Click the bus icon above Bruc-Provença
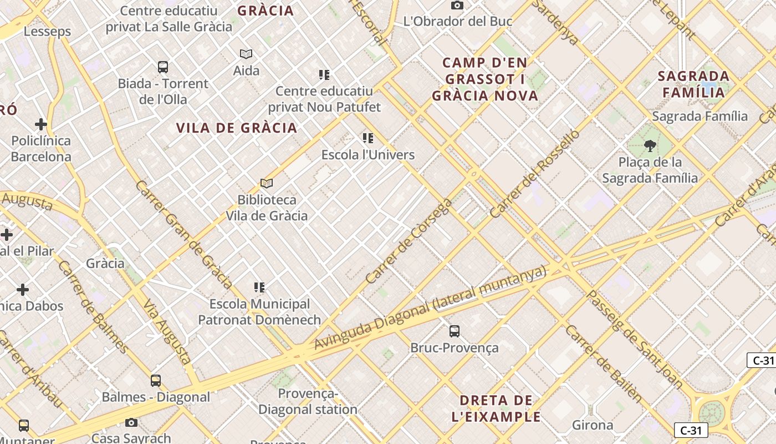(455, 331)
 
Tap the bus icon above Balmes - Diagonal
(156, 381)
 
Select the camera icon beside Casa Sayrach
(131, 422)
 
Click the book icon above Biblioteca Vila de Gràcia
(267, 183)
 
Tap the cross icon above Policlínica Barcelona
(41, 124)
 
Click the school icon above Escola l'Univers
(368, 138)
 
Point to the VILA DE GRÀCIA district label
(237, 128)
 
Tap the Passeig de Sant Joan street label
(635, 339)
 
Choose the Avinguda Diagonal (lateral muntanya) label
(430, 308)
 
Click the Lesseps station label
(47, 32)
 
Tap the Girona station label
(593, 426)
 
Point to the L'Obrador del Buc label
(457, 22)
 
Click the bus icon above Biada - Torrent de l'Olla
(163, 67)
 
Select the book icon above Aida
(246, 54)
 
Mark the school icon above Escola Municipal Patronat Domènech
(259, 287)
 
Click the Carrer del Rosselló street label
(534, 174)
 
